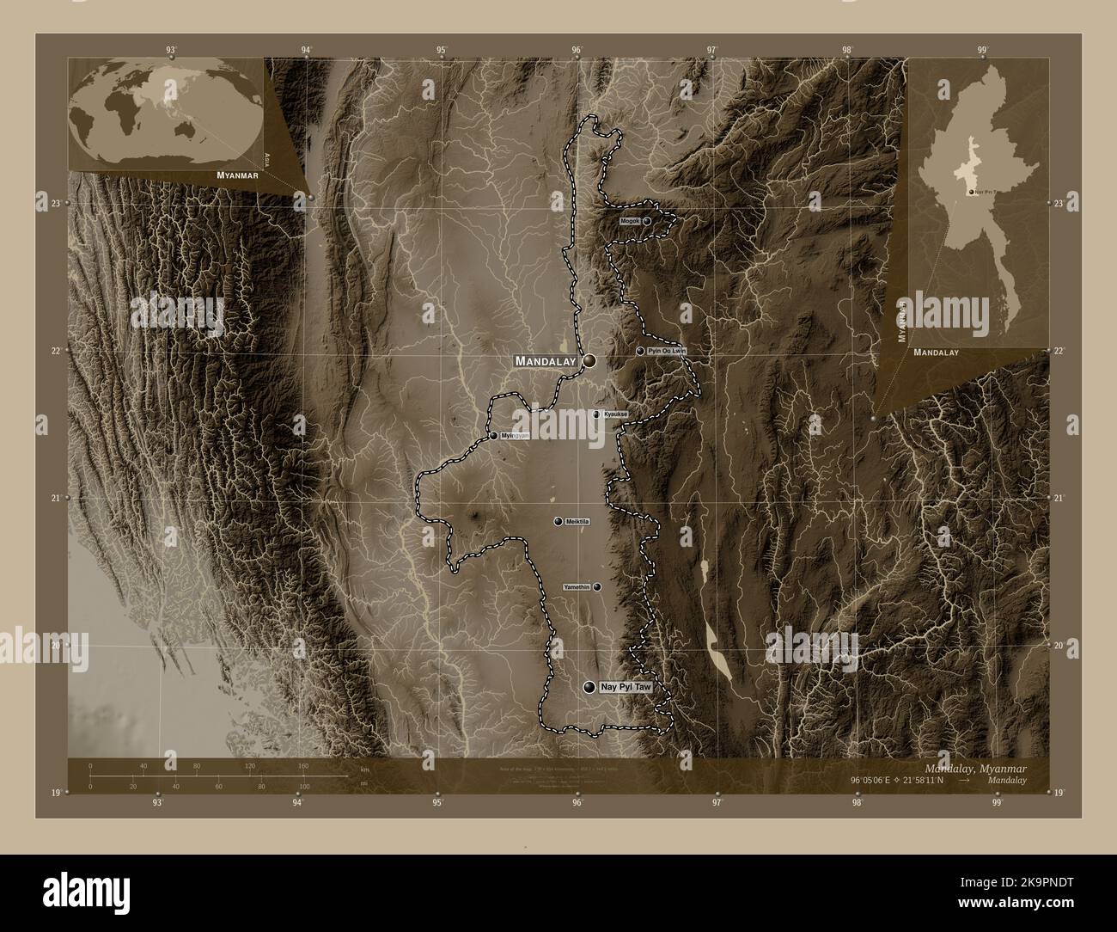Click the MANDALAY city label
[545, 362]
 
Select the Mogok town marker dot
[647, 221]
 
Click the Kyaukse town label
[615, 414]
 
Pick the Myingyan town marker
[494, 436]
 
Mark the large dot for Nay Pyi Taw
[589, 688]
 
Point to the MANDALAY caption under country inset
[936, 353]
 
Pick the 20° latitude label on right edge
[1059, 645]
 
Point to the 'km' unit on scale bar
[364, 769]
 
